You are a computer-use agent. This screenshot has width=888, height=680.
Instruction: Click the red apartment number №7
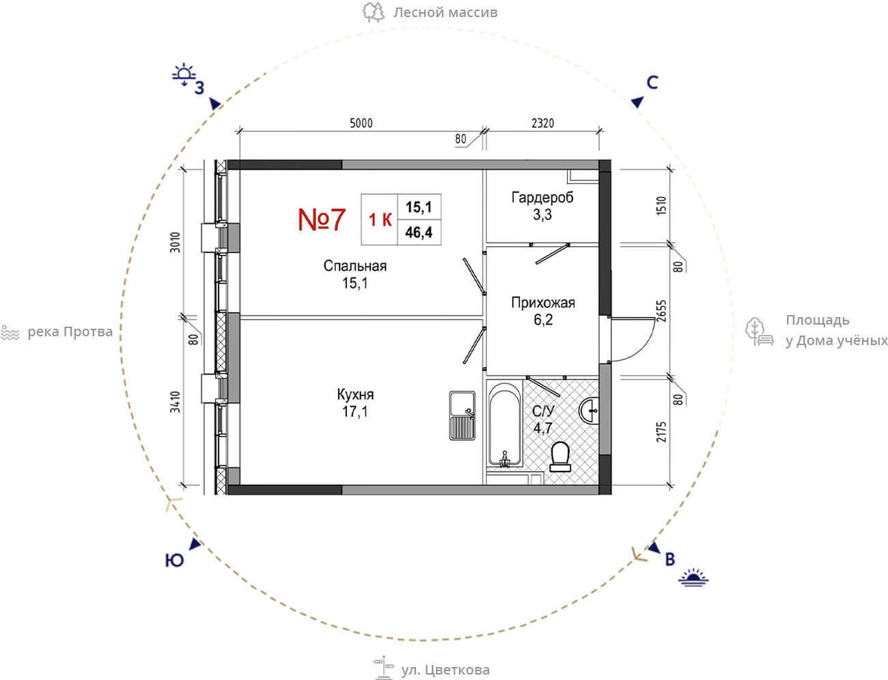[322, 219]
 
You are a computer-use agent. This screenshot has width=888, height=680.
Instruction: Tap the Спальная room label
[355, 266]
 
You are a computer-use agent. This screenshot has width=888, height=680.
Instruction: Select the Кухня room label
[355, 394]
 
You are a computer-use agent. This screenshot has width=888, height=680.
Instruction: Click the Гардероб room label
[542, 198]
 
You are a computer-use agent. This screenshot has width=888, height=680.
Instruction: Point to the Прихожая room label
[543, 302]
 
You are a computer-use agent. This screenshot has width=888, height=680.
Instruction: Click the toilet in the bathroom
[560, 457]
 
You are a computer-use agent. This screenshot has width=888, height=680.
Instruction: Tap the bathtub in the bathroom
[504, 424]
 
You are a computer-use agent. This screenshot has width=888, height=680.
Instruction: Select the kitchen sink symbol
[462, 416]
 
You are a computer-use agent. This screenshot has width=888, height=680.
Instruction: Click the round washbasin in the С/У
[589, 411]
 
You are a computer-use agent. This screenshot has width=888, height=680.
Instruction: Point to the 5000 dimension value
[361, 122]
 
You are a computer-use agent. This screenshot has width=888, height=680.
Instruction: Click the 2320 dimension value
[542, 122]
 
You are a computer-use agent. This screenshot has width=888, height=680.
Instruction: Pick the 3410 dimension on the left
[175, 402]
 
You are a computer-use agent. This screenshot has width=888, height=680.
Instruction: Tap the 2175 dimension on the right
[661, 431]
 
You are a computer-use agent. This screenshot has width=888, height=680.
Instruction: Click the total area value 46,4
[419, 232]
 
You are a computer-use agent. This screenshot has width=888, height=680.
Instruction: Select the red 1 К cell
[380, 220]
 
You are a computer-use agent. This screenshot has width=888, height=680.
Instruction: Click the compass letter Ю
[174, 560]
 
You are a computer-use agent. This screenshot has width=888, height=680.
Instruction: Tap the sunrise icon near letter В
[693, 577]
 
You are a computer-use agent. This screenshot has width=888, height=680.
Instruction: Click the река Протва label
[70, 331]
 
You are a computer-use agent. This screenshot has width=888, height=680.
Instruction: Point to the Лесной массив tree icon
[373, 12]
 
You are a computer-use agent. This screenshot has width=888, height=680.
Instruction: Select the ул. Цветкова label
[445, 670]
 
